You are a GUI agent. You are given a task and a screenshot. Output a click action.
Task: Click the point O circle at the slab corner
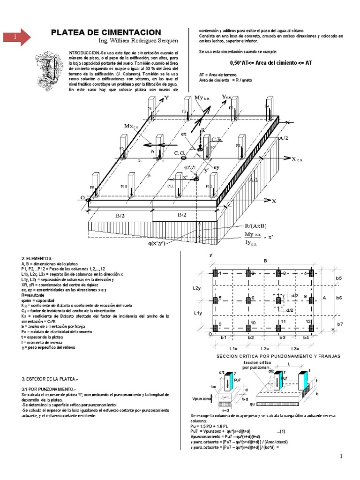[88, 200]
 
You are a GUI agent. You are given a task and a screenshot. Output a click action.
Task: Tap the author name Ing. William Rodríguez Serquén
[121, 41]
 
